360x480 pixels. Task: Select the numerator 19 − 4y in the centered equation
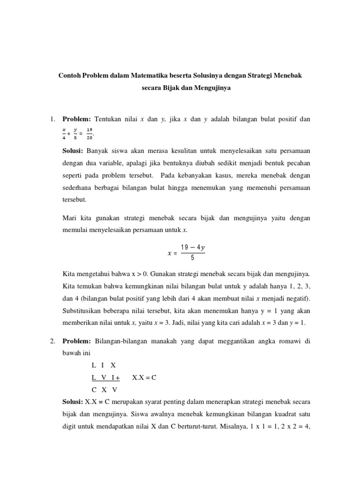pos(192,248)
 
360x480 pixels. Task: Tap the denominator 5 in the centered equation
pos(192,257)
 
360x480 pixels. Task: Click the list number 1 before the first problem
pos(53,120)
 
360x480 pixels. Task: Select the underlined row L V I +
pos(105,377)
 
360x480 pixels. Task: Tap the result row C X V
pos(104,390)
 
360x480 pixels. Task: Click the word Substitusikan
pos(85,311)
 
